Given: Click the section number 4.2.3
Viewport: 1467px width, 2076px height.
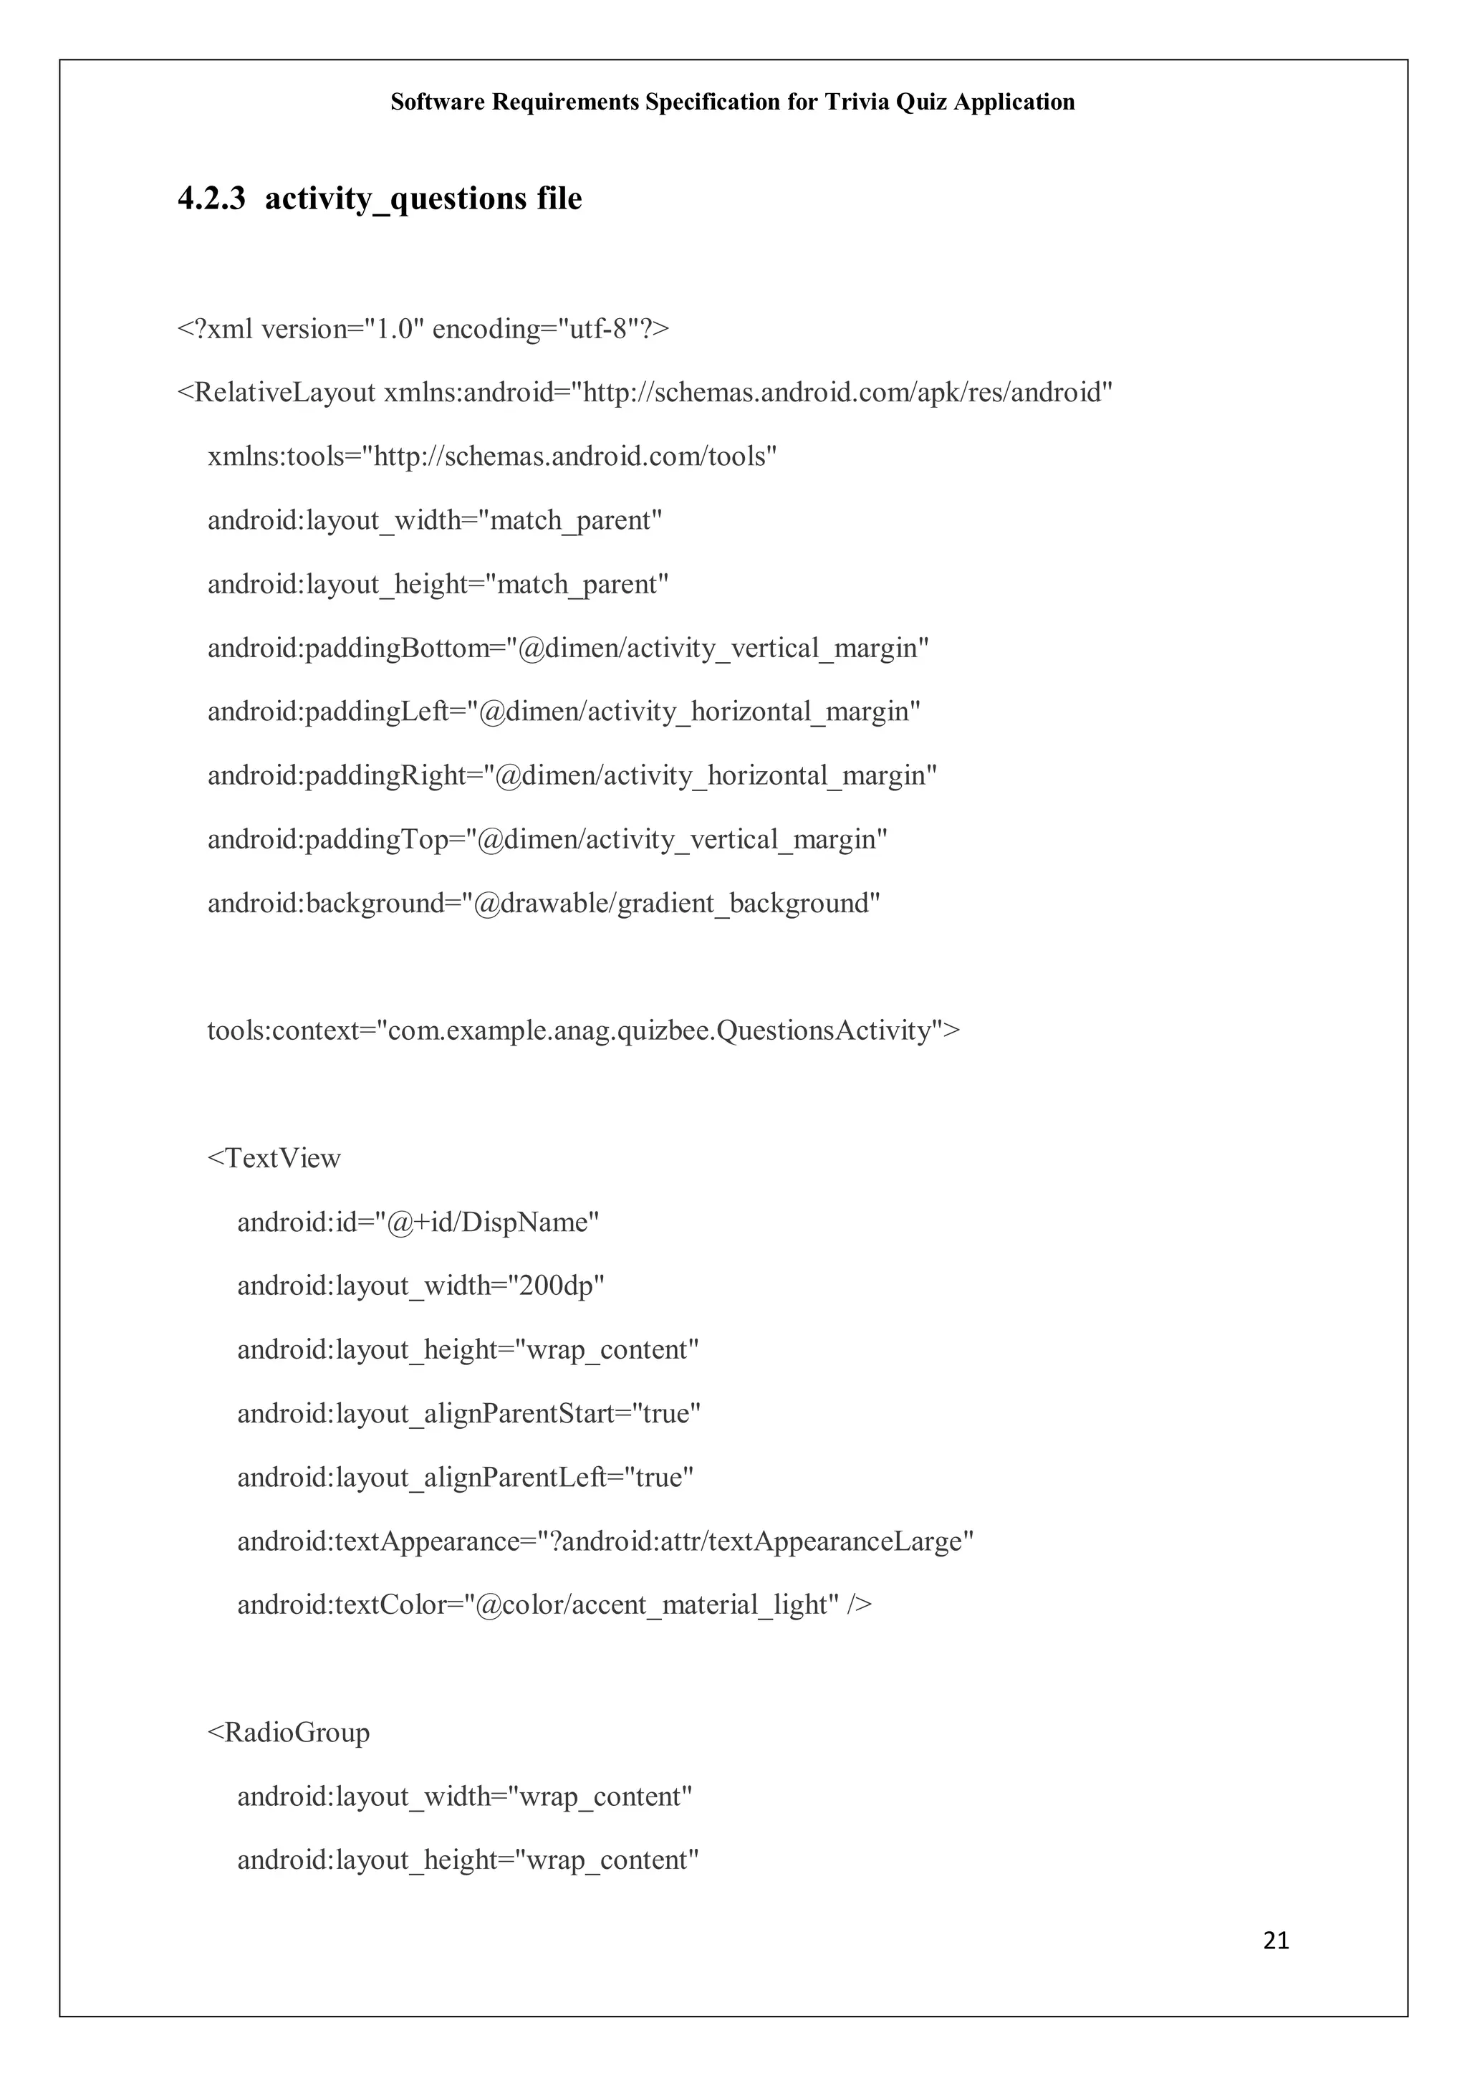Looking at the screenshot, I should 211,198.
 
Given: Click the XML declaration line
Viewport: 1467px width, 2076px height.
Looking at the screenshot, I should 423,329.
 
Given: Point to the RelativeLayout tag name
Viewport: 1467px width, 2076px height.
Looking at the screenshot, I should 284,393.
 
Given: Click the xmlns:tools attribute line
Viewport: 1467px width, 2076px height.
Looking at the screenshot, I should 491,456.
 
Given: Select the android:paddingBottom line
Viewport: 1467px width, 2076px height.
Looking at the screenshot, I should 567,649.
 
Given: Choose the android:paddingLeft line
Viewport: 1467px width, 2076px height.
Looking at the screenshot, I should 563,712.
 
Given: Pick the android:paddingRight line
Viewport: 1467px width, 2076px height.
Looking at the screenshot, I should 571,776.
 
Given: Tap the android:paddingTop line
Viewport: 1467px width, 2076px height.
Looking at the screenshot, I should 547,840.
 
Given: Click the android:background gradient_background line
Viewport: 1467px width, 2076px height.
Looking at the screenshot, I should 543,903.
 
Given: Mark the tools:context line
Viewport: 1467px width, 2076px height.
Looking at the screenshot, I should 583,1030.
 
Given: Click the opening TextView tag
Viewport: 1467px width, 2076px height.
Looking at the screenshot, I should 274,1158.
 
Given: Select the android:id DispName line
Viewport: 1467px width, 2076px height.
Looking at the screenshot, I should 418,1223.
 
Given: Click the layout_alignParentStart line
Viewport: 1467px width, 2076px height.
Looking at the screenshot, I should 468,1413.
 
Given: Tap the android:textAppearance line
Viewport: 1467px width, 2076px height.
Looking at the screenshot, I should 605,1541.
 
